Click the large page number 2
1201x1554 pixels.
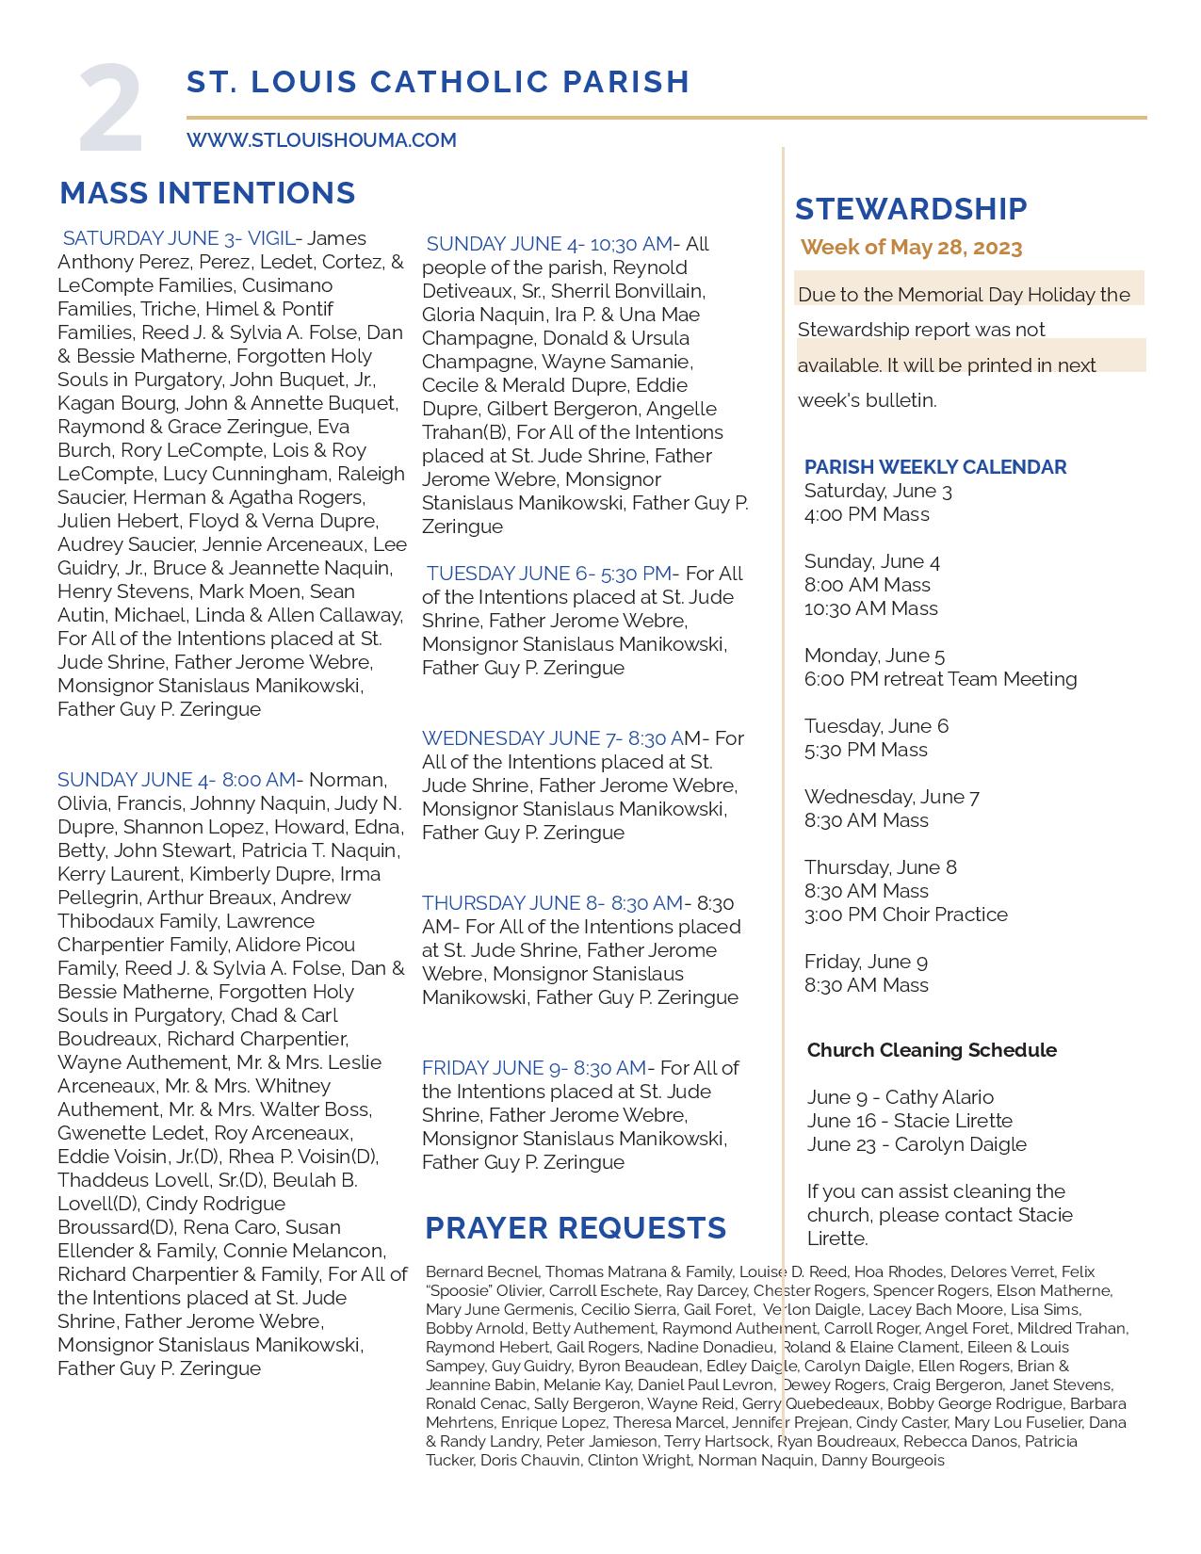111,108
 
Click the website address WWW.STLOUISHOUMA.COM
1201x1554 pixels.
321,140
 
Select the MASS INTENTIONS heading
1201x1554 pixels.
207,193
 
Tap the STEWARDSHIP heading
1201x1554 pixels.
911,209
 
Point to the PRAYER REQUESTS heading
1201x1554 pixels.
576,1228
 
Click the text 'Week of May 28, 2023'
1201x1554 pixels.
911,248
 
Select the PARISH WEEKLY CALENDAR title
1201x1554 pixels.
935,467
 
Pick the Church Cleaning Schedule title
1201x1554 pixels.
932,1050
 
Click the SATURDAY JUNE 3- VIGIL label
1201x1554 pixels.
179,238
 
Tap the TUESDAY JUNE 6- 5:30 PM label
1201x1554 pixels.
549,574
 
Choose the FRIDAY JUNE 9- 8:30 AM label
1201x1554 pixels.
534,1068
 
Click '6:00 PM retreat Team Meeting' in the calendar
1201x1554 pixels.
940,679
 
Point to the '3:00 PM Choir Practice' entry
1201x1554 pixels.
905,915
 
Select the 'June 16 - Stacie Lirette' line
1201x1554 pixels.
909,1121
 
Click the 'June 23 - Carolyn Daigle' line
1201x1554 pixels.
917,1144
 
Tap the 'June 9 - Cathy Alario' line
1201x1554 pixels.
900,1097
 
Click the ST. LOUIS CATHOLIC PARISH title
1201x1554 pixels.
438,82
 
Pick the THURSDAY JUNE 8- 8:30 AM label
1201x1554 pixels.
552,903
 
